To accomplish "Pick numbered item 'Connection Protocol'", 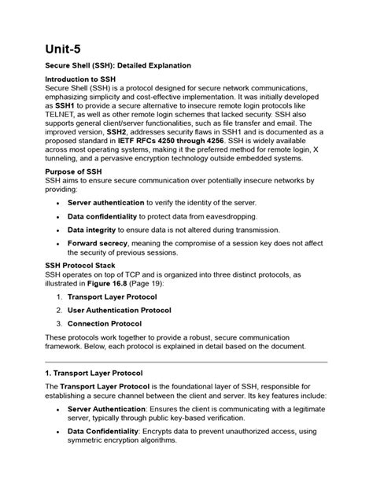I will (105, 323).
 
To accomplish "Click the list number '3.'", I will (58, 323).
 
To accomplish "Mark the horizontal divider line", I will (186, 363).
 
